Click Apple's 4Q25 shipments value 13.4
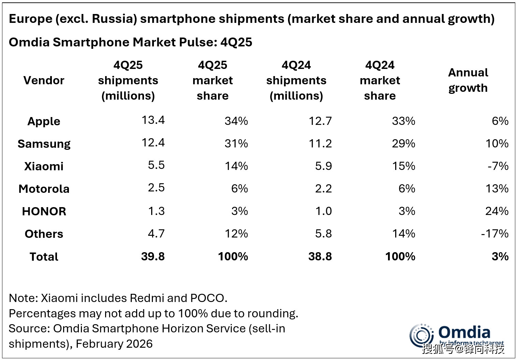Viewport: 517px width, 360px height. point(153,120)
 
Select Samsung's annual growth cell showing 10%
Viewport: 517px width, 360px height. point(497,143)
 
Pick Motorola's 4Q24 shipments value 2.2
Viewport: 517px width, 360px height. point(323,188)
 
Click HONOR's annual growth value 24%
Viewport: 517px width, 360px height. point(497,211)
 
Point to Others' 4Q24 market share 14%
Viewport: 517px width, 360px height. point(403,233)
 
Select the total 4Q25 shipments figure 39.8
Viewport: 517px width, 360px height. point(153,256)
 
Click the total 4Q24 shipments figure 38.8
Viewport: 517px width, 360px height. point(320,256)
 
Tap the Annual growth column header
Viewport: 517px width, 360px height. point(468,80)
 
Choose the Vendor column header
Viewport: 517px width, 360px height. point(44,80)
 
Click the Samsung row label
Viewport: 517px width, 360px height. point(44,144)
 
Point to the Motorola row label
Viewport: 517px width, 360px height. point(44,189)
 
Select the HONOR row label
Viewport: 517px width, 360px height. point(44,211)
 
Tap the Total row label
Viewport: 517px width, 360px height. point(44,257)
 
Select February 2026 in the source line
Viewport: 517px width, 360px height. point(114,344)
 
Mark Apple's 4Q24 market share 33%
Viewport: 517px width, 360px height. point(403,121)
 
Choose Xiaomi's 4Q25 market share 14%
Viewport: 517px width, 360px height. point(236,166)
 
